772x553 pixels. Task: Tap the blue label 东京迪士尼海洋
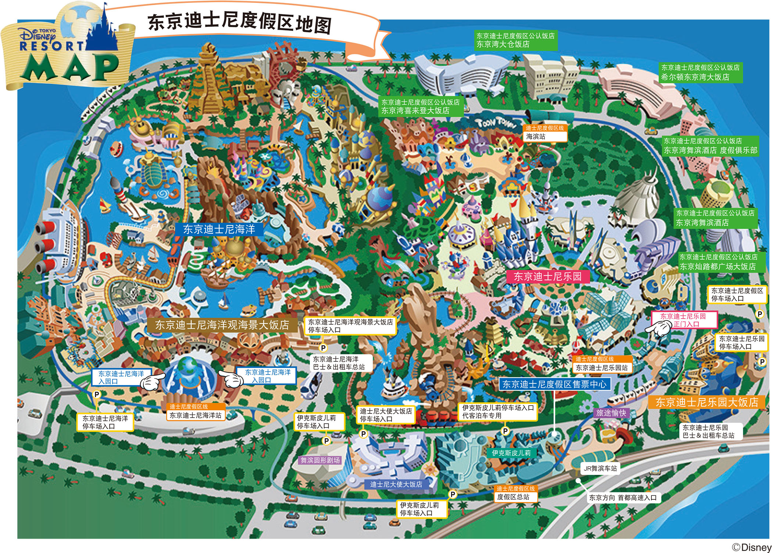219,229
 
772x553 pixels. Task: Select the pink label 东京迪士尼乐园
548,276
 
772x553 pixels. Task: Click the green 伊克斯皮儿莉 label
511,453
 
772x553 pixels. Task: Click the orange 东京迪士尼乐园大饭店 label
707,402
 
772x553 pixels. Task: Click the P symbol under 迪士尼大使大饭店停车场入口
363,434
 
